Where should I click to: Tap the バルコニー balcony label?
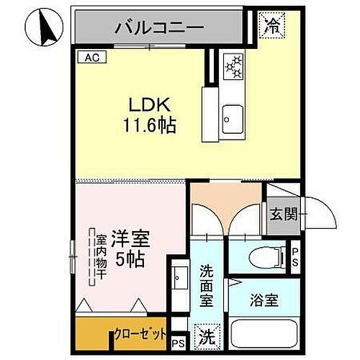coord(159,29)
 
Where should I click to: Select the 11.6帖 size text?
coord(149,125)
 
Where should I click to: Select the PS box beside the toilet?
coord(296,256)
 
